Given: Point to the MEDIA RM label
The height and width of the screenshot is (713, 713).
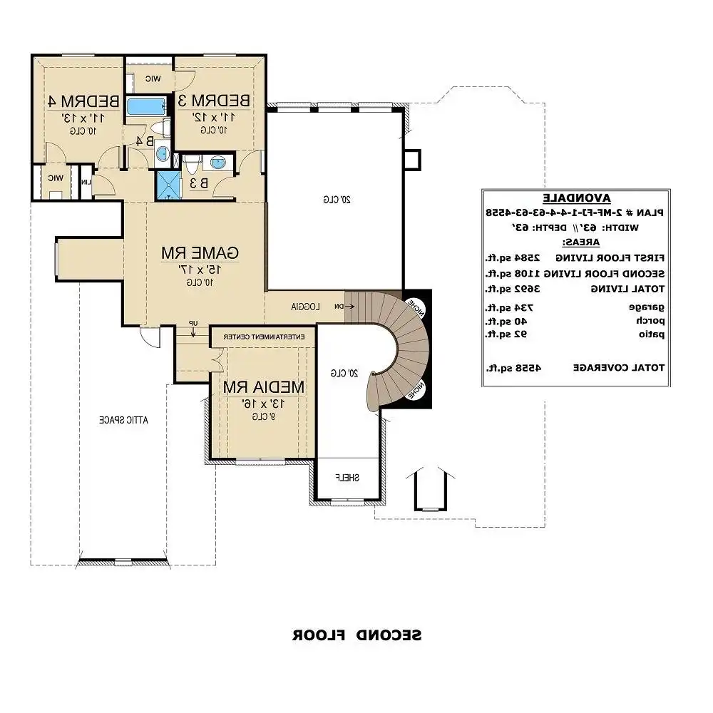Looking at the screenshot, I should pos(264,386).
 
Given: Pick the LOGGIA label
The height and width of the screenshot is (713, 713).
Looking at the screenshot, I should pos(304,306).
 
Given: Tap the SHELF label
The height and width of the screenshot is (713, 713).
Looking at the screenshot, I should pos(347,477).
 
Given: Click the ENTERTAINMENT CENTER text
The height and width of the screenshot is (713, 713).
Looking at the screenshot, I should pos(265,336).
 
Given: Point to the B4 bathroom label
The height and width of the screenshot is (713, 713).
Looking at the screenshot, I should pos(145,140).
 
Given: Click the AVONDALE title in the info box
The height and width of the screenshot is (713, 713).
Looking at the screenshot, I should pos(575,198).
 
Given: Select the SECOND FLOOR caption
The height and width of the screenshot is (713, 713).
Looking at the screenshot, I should pos(356,635).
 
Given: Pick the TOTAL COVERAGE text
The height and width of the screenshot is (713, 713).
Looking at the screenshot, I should pos(618,368).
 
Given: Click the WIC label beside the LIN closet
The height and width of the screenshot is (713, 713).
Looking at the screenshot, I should pos(55,178).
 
